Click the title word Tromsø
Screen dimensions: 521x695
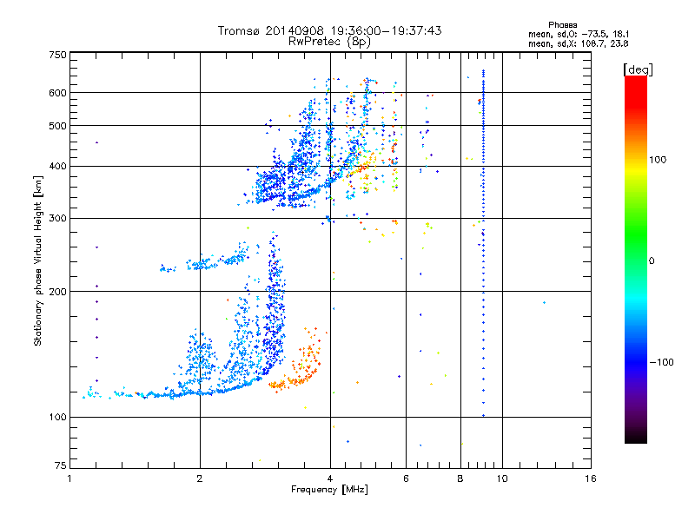[x=239, y=30]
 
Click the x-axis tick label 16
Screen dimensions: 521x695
[x=590, y=478]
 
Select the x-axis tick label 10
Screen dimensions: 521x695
[x=502, y=478]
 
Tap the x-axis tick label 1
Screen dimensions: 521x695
[x=69, y=478]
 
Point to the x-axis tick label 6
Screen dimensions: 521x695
[x=406, y=478]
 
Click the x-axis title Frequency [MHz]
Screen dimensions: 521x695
[x=329, y=491]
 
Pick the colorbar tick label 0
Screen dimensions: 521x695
[x=653, y=260]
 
